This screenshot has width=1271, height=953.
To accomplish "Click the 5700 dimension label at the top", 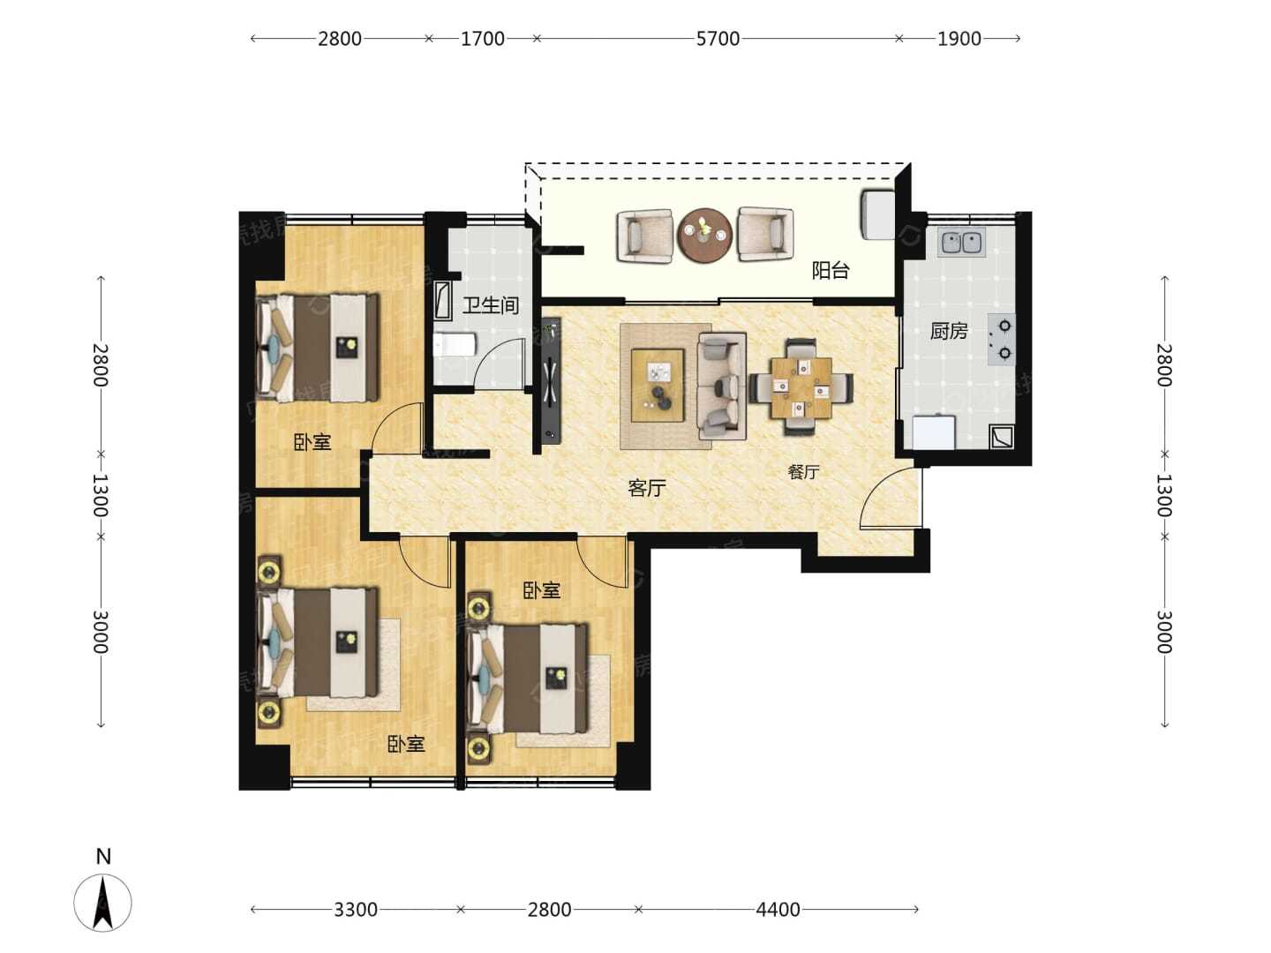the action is pos(718,39).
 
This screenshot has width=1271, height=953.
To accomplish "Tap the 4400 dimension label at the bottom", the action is pos(778,910).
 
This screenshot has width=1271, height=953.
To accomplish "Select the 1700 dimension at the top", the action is pos(482,39).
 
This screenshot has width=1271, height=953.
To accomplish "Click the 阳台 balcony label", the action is pos(831,270).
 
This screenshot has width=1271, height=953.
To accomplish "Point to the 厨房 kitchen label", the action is pos(949,331).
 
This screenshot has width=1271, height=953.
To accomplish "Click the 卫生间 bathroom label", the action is pos(491,305).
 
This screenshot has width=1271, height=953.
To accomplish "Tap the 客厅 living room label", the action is pos(647,488).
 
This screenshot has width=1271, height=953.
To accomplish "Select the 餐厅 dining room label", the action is pos(804,472).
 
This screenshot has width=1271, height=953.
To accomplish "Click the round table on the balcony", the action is pos(705,236).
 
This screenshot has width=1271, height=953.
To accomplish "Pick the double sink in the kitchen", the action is pos(962,243).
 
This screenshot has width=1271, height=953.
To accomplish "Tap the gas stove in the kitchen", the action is pos(1001,340).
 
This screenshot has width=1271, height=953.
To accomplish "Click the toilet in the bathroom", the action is pos(455,346).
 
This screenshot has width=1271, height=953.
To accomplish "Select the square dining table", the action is pos(801,387).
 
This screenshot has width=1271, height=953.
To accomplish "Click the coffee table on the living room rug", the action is pos(658,386).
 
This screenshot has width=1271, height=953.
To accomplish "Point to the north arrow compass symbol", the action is pos(102,902).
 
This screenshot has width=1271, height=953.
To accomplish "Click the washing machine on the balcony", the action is pos(878,214).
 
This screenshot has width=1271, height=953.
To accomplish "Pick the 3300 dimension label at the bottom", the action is pos(356,910).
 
